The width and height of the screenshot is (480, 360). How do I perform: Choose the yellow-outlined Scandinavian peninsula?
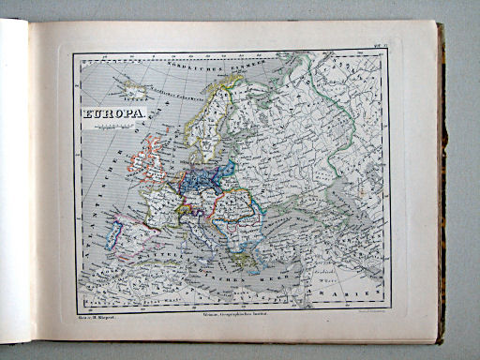pos(216,122)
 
